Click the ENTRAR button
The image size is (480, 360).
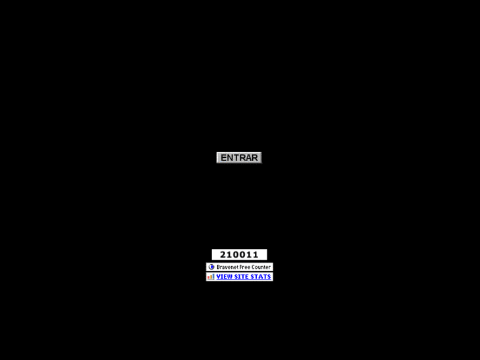coord(239,158)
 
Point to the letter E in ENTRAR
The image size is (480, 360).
coord(224,158)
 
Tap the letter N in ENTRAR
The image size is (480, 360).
coord(230,158)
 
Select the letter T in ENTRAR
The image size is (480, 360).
coord(236,158)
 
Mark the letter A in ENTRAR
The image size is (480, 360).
coord(248,158)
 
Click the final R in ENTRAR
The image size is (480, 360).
coord(255,158)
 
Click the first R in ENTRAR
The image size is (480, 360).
coord(242,158)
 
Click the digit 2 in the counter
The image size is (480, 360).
coord(223,254)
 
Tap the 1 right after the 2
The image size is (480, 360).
coord(229,254)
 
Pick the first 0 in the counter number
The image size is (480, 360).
coord(236,254)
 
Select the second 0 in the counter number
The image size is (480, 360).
coord(242,254)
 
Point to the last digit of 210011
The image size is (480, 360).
coord(256,254)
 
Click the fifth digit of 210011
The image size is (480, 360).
coord(249,254)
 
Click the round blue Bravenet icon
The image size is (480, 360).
coord(211,267)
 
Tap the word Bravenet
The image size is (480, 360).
coord(226,267)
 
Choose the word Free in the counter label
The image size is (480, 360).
coord(244,267)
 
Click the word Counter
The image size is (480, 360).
coord(261,267)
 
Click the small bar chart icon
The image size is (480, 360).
coord(211,277)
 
